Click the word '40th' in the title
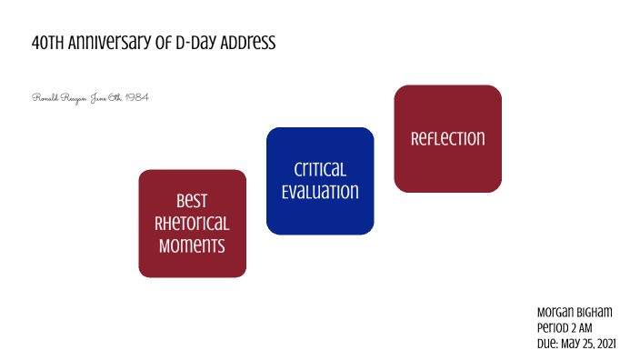pyautogui.click(x=46, y=43)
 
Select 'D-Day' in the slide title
pyautogui.click(x=191, y=43)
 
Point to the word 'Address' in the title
pyautogui.click(x=245, y=43)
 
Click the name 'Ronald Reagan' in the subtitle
pyautogui.click(x=56, y=97)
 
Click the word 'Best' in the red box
pyautogui.click(x=192, y=201)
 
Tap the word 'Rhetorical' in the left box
pyautogui.click(x=192, y=223)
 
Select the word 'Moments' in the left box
pyautogui.click(x=192, y=245)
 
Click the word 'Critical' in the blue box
pyautogui.click(x=320, y=170)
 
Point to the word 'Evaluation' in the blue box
pyautogui.click(x=320, y=192)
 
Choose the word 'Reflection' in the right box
pyautogui.click(x=447, y=139)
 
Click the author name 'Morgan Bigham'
pyautogui.click(x=575, y=312)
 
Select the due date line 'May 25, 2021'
pyautogui.click(x=587, y=343)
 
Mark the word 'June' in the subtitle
pyautogui.click(x=100, y=97)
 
